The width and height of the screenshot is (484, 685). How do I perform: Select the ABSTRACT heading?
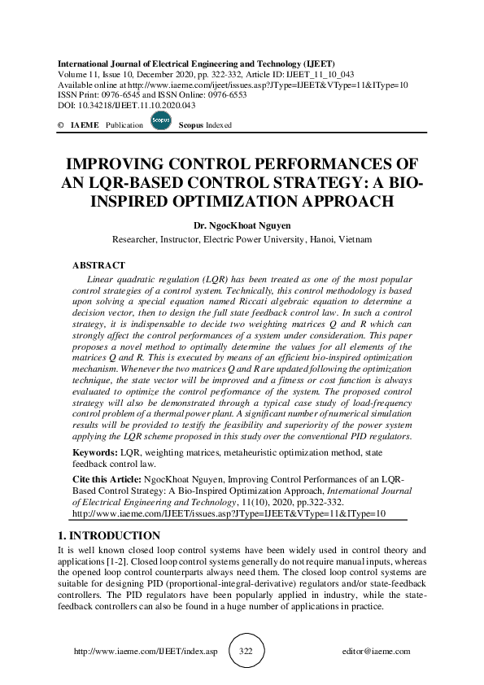click(x=98, y=265)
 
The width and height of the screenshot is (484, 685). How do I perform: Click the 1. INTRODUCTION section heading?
click(x=109, y=535)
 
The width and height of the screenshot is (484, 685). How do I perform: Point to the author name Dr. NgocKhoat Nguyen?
click(x=242, y=225)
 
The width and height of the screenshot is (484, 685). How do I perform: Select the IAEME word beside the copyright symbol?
click(x=85, y=125)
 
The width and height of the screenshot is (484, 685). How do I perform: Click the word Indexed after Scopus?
click(x=218, y=125)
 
